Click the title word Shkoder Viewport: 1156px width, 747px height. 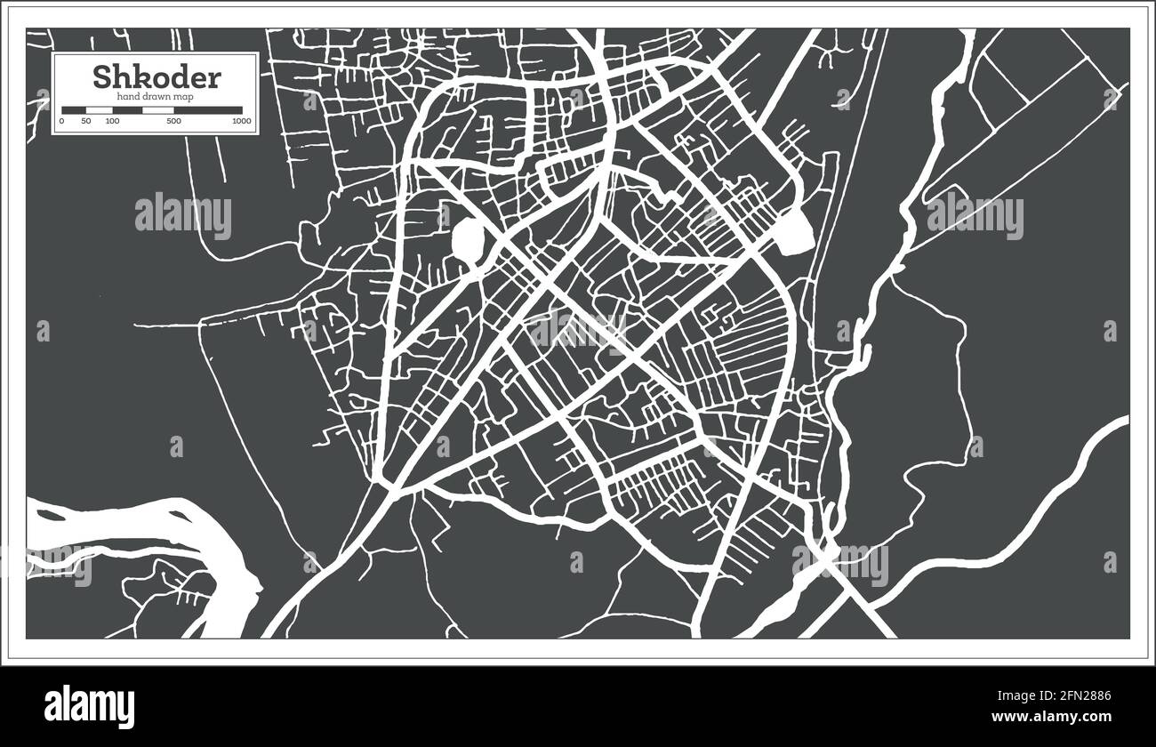(x=156, y=77)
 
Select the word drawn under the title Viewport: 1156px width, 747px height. (x=160, y=95)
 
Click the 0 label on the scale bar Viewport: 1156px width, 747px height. (x=61, y=120)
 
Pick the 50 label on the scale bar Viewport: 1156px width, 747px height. (x=86, y=120)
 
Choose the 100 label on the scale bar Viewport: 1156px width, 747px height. (x=112, y=120)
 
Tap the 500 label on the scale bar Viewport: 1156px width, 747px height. (x=174, y=120)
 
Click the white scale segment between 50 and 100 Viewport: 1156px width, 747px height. (x=99, y=109)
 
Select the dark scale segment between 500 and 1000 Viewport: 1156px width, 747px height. (x=207, y=109)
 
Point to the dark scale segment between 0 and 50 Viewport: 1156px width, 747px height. (x=74, y=109)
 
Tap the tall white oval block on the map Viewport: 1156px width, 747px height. (x=468, y=237)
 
